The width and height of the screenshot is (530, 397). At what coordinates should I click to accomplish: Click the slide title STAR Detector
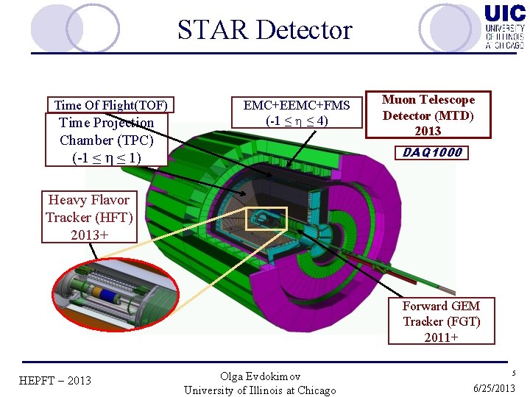click(264, 30)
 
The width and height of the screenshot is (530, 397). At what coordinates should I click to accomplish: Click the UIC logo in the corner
click(504, 26)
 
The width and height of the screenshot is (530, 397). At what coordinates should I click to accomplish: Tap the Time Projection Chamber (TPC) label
click(107, 140)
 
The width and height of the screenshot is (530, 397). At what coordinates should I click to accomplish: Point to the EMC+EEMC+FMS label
click(297, 104)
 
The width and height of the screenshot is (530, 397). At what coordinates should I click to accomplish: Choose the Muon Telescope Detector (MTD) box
click(428, 115)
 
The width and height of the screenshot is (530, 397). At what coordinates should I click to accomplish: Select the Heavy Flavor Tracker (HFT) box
click(88, 217)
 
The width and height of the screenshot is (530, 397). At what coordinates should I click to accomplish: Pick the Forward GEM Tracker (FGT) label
click(442, 321)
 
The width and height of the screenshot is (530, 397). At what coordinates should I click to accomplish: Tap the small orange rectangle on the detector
click(265, 218)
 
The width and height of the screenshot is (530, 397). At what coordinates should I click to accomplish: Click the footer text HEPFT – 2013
click(54, 380)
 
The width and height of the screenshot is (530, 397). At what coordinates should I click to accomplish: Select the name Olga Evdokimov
click(260, 376)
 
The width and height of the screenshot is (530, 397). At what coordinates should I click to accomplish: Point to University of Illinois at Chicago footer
click(260, 390)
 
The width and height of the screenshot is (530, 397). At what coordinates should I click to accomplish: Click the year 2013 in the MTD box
click(428, 131)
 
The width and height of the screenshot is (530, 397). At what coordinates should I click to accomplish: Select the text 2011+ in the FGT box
click(442, 337)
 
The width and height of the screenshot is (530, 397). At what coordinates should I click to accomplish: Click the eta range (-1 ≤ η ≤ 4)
click(297, 120)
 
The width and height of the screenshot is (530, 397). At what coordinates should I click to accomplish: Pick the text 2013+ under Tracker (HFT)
click(88, 235)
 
